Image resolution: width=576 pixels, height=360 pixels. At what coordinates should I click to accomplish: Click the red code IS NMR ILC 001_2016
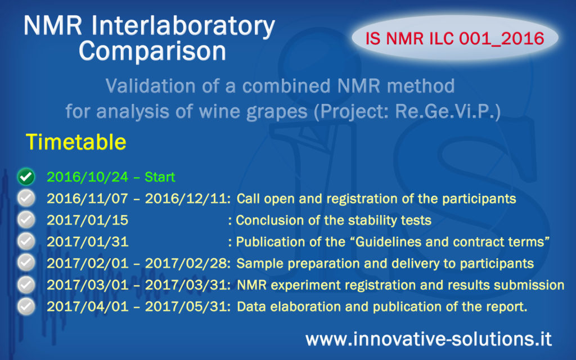(454, 38)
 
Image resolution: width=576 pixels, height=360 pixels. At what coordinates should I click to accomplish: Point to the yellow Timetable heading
(75, 142)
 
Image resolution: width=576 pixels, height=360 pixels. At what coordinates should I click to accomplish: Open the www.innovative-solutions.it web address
(428, 339)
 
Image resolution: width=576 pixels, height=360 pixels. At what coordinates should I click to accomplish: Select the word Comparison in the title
(152, 51)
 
